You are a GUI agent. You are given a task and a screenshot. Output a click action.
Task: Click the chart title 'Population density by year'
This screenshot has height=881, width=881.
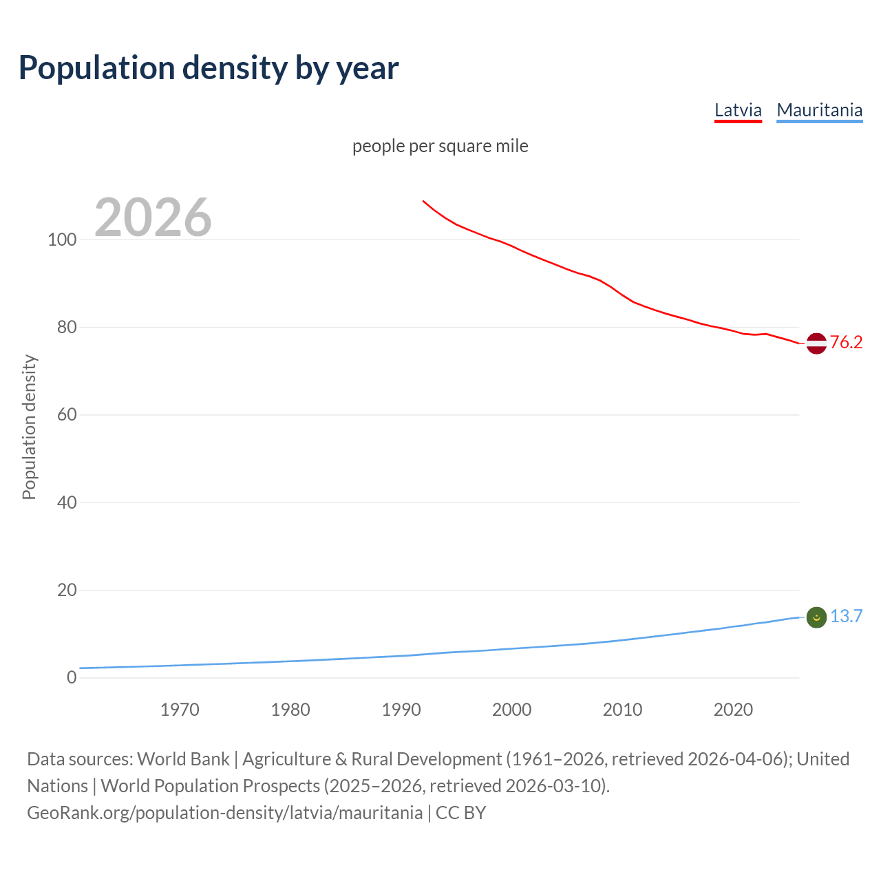tap(209, 68)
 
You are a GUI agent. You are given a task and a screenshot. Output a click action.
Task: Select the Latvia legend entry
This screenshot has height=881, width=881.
tap(738, 110)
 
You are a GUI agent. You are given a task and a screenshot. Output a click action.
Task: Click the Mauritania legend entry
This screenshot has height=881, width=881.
tap(819, 110)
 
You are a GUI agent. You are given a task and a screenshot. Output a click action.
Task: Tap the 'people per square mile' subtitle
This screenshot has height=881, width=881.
tap(440, 146)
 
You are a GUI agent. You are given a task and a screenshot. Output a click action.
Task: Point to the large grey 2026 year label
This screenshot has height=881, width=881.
tap(153, 217)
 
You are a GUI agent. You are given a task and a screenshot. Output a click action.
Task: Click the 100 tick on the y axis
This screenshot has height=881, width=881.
tap(62, 240)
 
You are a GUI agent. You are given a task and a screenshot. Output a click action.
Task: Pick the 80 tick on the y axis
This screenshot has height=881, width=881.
tap(67, 328)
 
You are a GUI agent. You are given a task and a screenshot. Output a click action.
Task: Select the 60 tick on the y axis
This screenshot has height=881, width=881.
tap(67, 415)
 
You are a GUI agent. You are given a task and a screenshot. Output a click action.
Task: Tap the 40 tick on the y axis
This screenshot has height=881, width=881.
tap(67, 502)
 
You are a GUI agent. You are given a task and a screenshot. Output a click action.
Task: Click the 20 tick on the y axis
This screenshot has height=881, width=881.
tap(67, 590)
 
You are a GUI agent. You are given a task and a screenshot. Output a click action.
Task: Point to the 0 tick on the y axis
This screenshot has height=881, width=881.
tap(72, 677)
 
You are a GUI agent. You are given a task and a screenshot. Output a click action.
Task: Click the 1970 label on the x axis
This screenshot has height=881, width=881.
tap(180, 710)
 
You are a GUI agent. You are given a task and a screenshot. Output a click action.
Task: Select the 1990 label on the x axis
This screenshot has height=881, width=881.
tap(401, 710)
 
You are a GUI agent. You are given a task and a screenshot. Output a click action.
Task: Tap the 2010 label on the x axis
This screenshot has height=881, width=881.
tap(622, 710)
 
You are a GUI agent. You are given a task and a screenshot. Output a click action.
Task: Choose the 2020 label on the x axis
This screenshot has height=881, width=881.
tap(733, 710)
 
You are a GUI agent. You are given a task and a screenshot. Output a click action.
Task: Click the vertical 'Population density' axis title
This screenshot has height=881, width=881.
tap(29, 427)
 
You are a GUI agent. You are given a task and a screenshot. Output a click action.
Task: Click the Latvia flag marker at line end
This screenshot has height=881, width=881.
tap(816, 343)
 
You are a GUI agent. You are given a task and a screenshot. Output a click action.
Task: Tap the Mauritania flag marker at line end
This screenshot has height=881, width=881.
tap(816, 617)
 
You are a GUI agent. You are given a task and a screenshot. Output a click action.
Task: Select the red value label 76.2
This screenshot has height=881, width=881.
tap(846, 342)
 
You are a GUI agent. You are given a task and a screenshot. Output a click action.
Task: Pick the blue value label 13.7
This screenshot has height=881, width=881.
tap(846, 616)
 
